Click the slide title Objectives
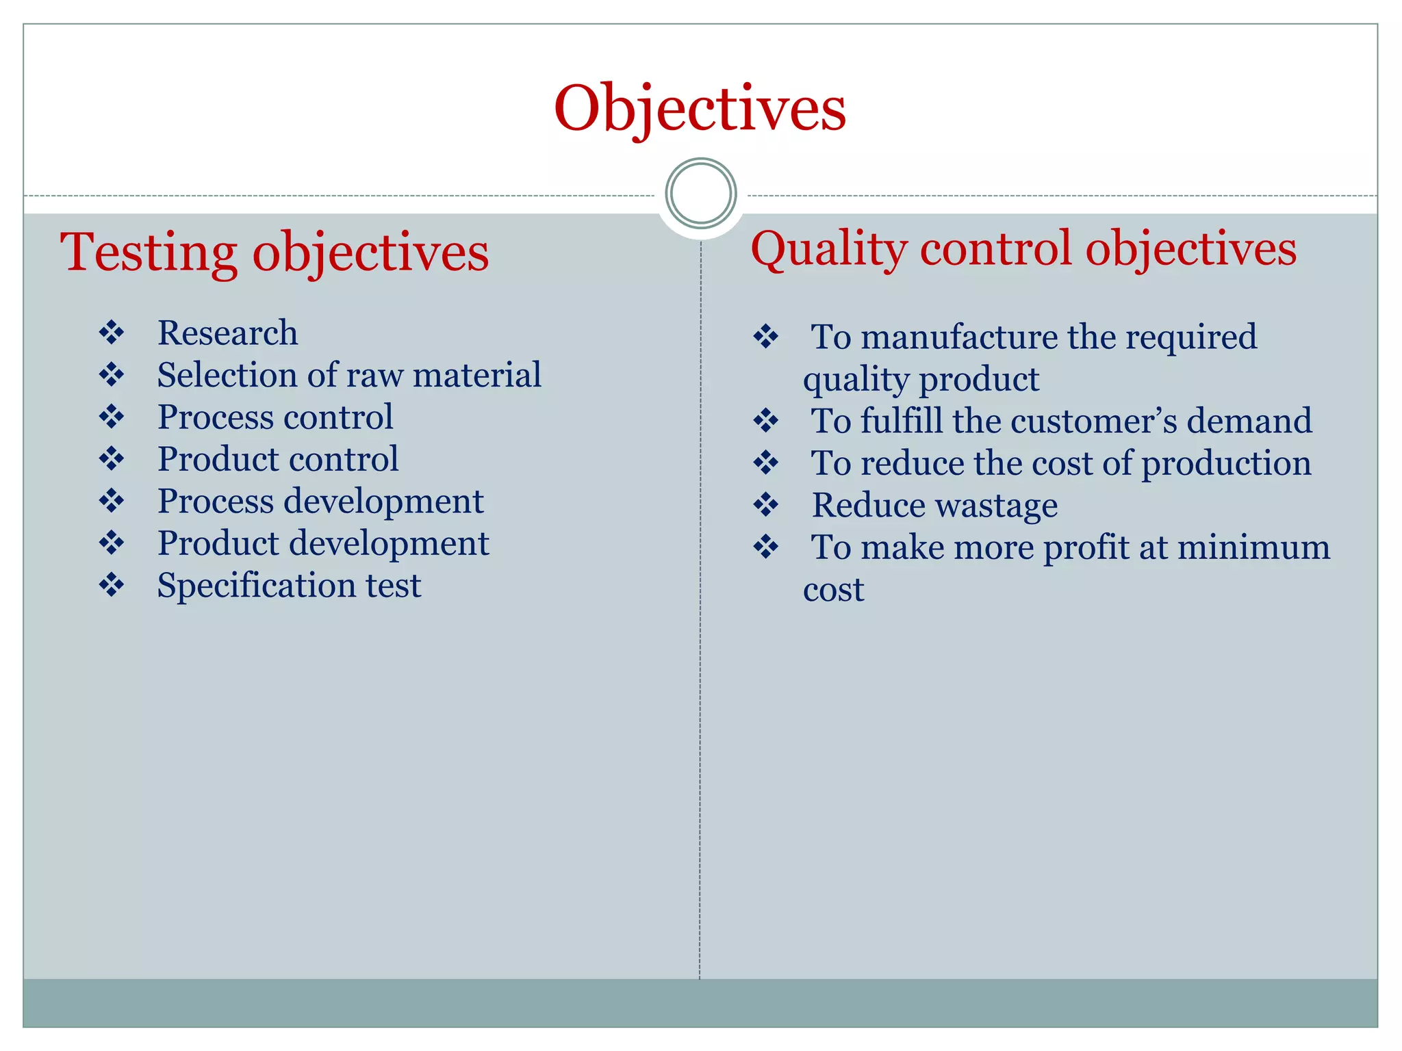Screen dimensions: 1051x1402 coord(700,109)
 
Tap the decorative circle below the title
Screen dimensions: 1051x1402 coord(700,194)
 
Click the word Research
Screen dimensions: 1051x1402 coord(227,333)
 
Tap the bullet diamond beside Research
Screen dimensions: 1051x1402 coord(112,333)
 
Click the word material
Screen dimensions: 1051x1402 coord(476,375)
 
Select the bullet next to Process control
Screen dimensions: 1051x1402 coord(112,417)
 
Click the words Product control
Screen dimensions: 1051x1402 coord(278,459)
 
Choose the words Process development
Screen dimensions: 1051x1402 coord(320,501)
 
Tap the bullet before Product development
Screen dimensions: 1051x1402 coord(112,543)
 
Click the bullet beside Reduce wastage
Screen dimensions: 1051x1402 coord(765,505)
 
